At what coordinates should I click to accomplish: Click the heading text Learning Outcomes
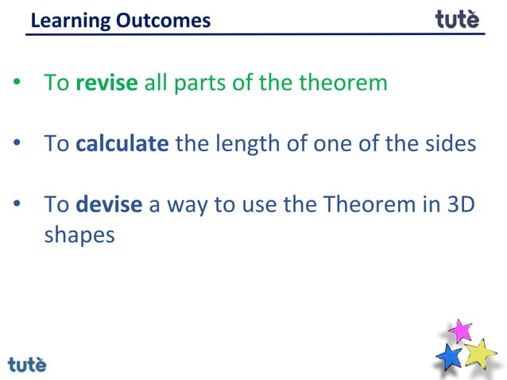pos(120,20)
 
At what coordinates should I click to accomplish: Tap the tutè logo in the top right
pos(458,18)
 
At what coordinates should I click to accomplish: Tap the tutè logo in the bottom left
pos(28,364)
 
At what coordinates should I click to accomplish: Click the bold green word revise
pos(107,83)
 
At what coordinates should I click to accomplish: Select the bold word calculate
pos(122,144)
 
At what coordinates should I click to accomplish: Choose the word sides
pos(450,144)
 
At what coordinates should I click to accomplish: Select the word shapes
pos(79,236)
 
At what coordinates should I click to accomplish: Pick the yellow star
pos(480,353)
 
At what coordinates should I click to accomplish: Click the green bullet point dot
pos(17,83)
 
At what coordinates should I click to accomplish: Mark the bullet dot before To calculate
pos(17,145)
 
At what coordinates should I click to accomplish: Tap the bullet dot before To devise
pos(17,205)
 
